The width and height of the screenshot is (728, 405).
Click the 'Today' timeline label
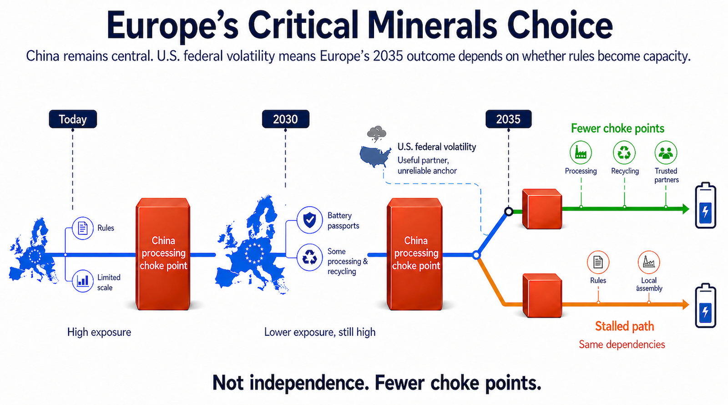coord(73,119)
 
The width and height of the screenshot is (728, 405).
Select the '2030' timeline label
coord(285,119)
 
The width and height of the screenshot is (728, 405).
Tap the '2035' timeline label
coord(508,119)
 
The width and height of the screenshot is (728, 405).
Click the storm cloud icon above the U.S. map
coord(377,135)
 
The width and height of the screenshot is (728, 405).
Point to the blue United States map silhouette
coord(375,156)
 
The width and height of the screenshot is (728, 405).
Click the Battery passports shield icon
coord(310,220)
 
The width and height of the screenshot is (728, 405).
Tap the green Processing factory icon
coord(581,152)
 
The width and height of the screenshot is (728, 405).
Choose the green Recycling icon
coord(624,152)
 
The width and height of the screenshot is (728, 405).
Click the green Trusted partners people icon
coord(666,152)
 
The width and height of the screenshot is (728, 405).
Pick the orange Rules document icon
coord(598,262)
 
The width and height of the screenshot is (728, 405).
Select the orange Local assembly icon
coord(648,262)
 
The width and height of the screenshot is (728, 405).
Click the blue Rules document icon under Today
coord(83,228)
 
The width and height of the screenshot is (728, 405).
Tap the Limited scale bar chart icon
coord(83,280)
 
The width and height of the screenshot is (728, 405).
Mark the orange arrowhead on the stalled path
coord(686,304)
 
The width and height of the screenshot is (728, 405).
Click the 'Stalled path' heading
coord(624,326)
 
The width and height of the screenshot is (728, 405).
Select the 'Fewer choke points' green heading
coord(617,128)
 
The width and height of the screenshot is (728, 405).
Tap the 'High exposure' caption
coord(99,332)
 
